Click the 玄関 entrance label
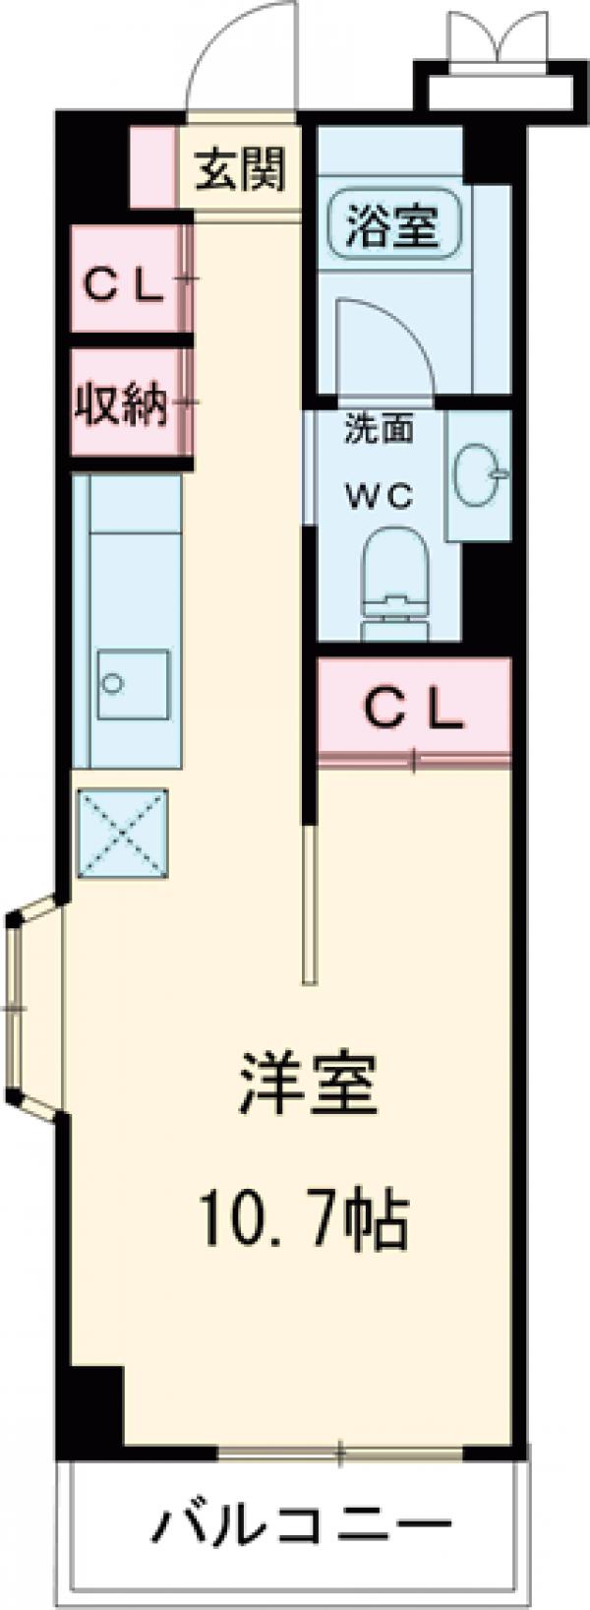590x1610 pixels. [240, 169]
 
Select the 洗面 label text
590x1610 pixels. [378, 430]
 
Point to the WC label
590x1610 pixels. [378, 497]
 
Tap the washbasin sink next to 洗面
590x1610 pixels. [479, 476]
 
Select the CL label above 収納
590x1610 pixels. [122, 285]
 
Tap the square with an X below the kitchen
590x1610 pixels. [123, 833]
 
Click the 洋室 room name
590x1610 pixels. [306, 1084]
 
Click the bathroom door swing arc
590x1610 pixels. [383, 344]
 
